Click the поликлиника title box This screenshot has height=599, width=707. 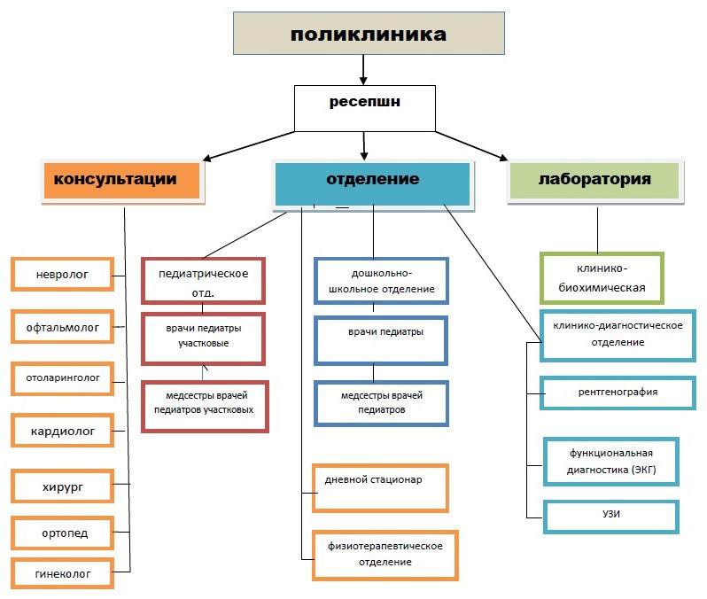(369, 35)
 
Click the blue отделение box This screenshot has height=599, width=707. (372, 180)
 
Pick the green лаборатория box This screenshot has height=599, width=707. (594, 180)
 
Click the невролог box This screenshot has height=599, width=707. (63, 274)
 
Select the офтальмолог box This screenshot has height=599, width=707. (63, 326)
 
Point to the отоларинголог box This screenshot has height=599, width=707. (63, 377)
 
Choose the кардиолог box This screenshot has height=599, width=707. (63, 431)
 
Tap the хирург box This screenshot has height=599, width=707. (63, 486)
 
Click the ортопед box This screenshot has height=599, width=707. (63, 533)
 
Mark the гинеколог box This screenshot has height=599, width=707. (63, 574)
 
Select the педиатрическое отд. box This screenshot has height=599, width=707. (203, 281)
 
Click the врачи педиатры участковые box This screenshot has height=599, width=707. (203, 336)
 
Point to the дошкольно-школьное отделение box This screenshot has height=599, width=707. (381, 281)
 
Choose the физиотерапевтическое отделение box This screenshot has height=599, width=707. (384, 554)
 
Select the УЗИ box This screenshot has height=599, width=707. (610, 515)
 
